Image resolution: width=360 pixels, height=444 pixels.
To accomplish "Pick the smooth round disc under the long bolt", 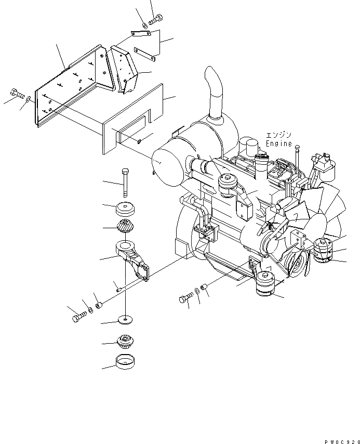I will click(125, 209).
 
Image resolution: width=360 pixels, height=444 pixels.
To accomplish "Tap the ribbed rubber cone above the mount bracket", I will click(125, 227).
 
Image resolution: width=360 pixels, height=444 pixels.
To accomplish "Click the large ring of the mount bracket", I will click(126, 246).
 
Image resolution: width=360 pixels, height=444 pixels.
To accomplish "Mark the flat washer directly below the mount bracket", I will click(125, 318).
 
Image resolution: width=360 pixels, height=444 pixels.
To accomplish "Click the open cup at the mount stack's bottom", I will click(125, 361).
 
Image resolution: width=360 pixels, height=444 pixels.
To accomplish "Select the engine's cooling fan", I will click(317, 208).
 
